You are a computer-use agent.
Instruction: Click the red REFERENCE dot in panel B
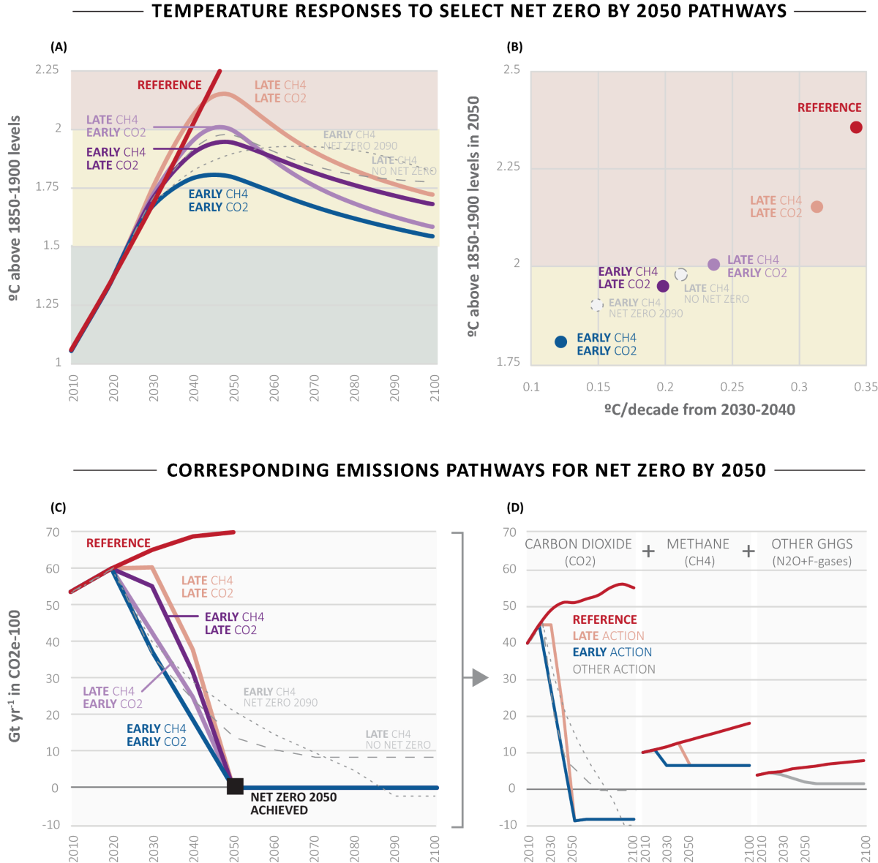856,127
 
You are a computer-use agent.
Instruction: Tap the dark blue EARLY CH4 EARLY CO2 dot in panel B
561,342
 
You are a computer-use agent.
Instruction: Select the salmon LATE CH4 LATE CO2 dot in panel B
817,207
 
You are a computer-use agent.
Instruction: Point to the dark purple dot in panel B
663,286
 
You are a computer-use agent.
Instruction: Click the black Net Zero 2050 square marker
235,786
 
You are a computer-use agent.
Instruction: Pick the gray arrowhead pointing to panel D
480,678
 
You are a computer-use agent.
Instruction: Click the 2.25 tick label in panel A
47,69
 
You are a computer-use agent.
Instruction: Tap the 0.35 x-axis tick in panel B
866,387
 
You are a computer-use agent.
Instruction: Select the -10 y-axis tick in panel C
51,824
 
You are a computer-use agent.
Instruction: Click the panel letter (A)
59,47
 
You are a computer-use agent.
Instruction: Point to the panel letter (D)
516,507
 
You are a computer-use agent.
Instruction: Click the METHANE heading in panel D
698,544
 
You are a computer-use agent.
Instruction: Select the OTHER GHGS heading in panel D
812,544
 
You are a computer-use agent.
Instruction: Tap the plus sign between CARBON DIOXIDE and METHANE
648,551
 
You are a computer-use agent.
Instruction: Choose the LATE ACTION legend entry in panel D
608,636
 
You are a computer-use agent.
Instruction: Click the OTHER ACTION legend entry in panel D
614,669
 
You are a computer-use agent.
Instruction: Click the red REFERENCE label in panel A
169,85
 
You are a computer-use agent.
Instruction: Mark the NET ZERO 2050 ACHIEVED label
293,803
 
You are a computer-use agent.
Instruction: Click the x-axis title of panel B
699,410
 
